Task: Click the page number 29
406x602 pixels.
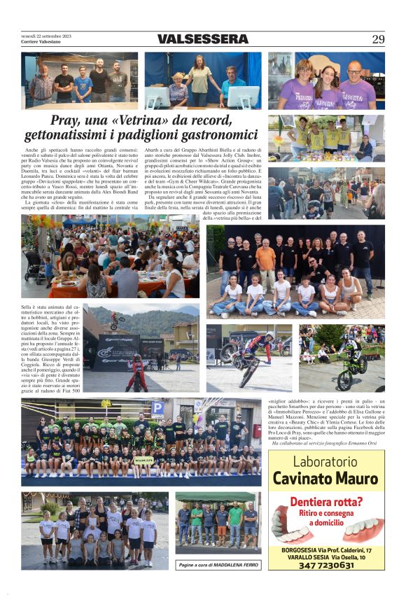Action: click(x=378, y=39)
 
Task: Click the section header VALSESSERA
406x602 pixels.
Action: click(x=203, y=39)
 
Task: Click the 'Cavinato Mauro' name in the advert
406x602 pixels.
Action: click(x=325, y=478)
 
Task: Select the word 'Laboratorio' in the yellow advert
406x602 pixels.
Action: click(x=325, y=462)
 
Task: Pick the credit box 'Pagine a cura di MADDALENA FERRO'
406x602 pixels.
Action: click(x=218, y=564)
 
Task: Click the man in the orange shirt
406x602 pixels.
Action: click(x=265, y=259)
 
